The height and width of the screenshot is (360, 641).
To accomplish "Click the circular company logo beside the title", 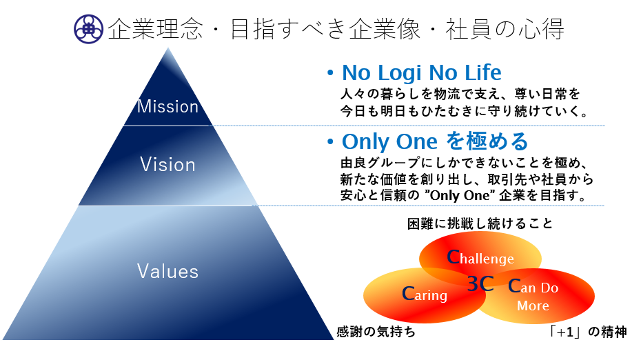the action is (x=88, y=29).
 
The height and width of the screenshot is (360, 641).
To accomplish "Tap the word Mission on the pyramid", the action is (x=167, y=106).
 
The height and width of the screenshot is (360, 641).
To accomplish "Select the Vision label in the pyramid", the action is (x=167, y=164).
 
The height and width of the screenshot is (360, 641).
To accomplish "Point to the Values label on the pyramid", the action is (x=167, y=271).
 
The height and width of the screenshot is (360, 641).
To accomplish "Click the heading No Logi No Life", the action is (x=421, y=73).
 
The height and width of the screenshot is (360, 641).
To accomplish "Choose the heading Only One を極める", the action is (x=435, y=141).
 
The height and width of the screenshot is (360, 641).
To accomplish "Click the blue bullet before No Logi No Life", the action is (x=330, y=73).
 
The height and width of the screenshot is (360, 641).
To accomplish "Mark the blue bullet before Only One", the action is (x=330, y=142).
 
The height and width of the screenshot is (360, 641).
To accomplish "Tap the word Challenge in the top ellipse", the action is (x=480, y=258).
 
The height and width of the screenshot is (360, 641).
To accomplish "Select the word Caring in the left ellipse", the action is (x=425, y=294).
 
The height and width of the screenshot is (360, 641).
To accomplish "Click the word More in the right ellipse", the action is (x=533, y=306).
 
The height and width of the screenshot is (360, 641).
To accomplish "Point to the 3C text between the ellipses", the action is (x=480, y=283).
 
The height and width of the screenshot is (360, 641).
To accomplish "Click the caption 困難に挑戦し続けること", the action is (x=480, y=223).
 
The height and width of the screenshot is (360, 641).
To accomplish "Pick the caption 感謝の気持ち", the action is (x=376, y=331).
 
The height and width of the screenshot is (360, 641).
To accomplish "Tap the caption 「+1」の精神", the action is (x=587, y=331).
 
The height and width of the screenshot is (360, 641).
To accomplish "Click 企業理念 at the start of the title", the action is (x=155, y=29).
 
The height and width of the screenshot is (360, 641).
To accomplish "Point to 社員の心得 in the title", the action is (x=505, y=29).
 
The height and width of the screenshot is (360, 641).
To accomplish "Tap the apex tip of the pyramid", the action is (x=167, y=48).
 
